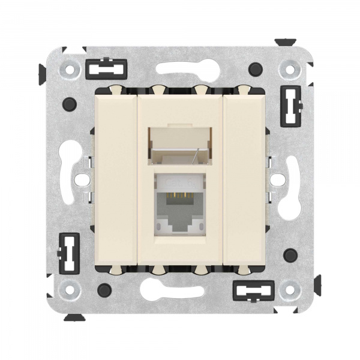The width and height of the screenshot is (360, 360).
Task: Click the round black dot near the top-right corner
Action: [x=257, y=67]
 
